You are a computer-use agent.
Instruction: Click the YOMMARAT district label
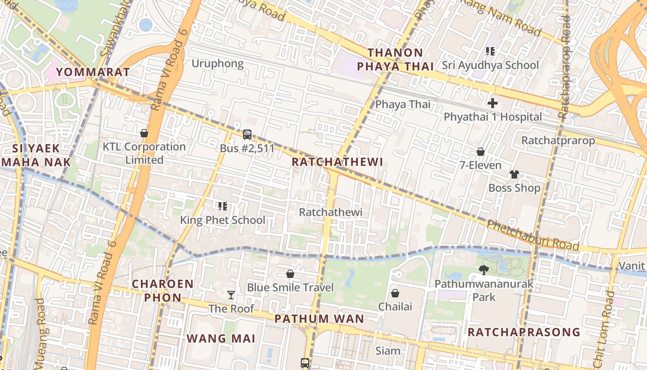pyautogui.click(x=93, y=72)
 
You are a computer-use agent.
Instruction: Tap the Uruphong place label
pyautogui.click(x=217, y=63)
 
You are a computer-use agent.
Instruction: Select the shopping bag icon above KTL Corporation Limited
pyautogui.click(x=144, y=133)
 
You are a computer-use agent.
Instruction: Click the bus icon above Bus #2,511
pyautogui.click(x=247, y=135)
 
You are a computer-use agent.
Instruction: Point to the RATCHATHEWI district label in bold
pyautogui.click(x=337, y=162)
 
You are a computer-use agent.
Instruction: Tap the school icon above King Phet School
pyautogui.click(x=222, y=206)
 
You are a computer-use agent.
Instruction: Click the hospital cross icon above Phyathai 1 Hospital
pyautogui.click(x=493, y=103)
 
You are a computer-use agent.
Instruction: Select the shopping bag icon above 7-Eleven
pyautogui.click(x=481, y=152)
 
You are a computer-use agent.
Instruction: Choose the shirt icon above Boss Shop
pyautogui.click(x=514, y=174)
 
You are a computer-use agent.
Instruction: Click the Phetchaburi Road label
pyautogui.click(x=533, y=235)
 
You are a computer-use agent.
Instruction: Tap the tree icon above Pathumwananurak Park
pyautogui.click(x=484, y=270)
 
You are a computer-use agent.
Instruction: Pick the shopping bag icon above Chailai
pyautogui.click(x=395, y=293)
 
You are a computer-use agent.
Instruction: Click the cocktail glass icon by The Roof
pyautogui.click(x=231, y=295)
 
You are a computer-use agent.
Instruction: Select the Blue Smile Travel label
pyautogui.click(x=290, y=287)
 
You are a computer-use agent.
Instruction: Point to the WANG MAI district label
pyautogui.click(x=221, y=339)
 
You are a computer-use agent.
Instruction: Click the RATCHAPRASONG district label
pyautogui.click(x=524, y=332)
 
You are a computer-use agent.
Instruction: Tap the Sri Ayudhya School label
pyautogui.click(x=490, y=65)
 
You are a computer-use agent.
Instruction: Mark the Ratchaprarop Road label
pyautogui.click(x=564, y=67)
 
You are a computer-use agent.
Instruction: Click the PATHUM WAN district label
pyautogui.click(x=319, y=319)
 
